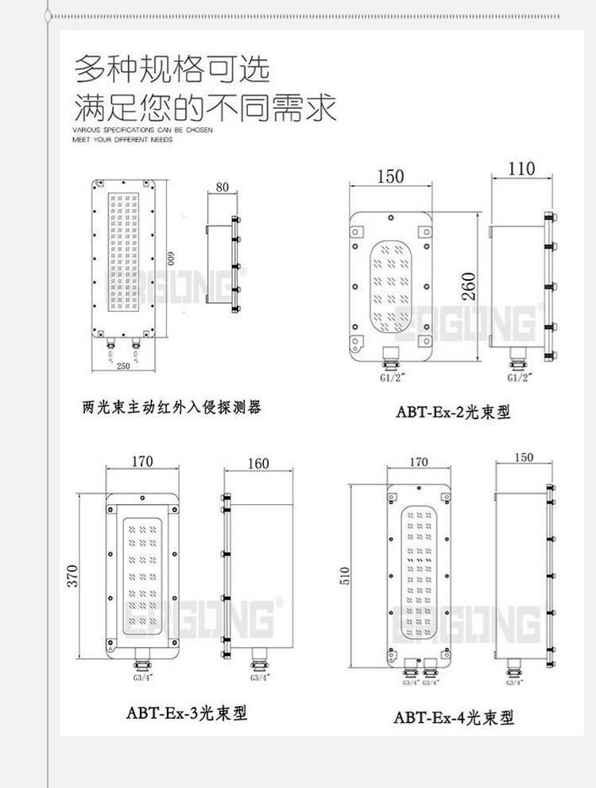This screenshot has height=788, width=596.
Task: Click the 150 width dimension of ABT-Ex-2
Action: [391, 176]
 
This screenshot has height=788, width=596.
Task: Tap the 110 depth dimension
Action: [521, 168]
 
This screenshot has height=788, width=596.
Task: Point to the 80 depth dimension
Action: [222, 188]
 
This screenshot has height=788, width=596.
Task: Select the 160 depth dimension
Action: [258, 464]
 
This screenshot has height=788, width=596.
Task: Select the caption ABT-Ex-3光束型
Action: [187, 712]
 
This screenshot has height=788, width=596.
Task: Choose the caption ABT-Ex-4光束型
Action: [454, 717]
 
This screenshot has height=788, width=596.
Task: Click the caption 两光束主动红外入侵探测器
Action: [172, 408]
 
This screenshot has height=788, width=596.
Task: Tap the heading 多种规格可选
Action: [172, 68]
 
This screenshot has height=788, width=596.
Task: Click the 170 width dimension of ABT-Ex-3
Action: [143, 462]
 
